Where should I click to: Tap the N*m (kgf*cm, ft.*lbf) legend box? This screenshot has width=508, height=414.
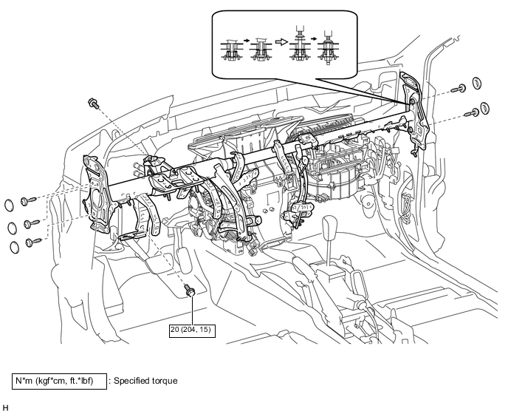coord(59,381)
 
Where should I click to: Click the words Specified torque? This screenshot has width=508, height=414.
coord(145,381)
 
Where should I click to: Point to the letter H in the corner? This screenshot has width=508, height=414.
coord(5,408)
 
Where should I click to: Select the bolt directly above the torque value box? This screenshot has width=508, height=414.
coord(189,290)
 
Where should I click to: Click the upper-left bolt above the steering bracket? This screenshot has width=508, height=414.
coord(93,103)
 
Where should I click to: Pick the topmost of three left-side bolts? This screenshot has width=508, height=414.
coord(28,201)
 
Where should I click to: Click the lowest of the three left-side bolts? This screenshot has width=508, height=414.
coord(33,242)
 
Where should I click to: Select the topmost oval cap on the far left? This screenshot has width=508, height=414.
coord(9,205)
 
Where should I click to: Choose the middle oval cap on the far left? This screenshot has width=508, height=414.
coord(12,228)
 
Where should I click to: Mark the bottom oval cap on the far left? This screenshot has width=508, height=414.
coord(14,247)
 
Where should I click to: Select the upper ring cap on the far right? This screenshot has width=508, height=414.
coord(476,83)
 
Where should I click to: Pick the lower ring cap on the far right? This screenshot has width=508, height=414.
coord(484,109)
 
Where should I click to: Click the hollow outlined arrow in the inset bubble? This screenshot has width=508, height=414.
coord(281,41)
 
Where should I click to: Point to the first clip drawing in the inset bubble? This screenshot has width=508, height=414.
coord(231,50)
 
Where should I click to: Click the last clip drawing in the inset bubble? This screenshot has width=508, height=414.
coord(328,48)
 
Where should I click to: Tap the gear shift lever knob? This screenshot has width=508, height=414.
coord(330,226)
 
